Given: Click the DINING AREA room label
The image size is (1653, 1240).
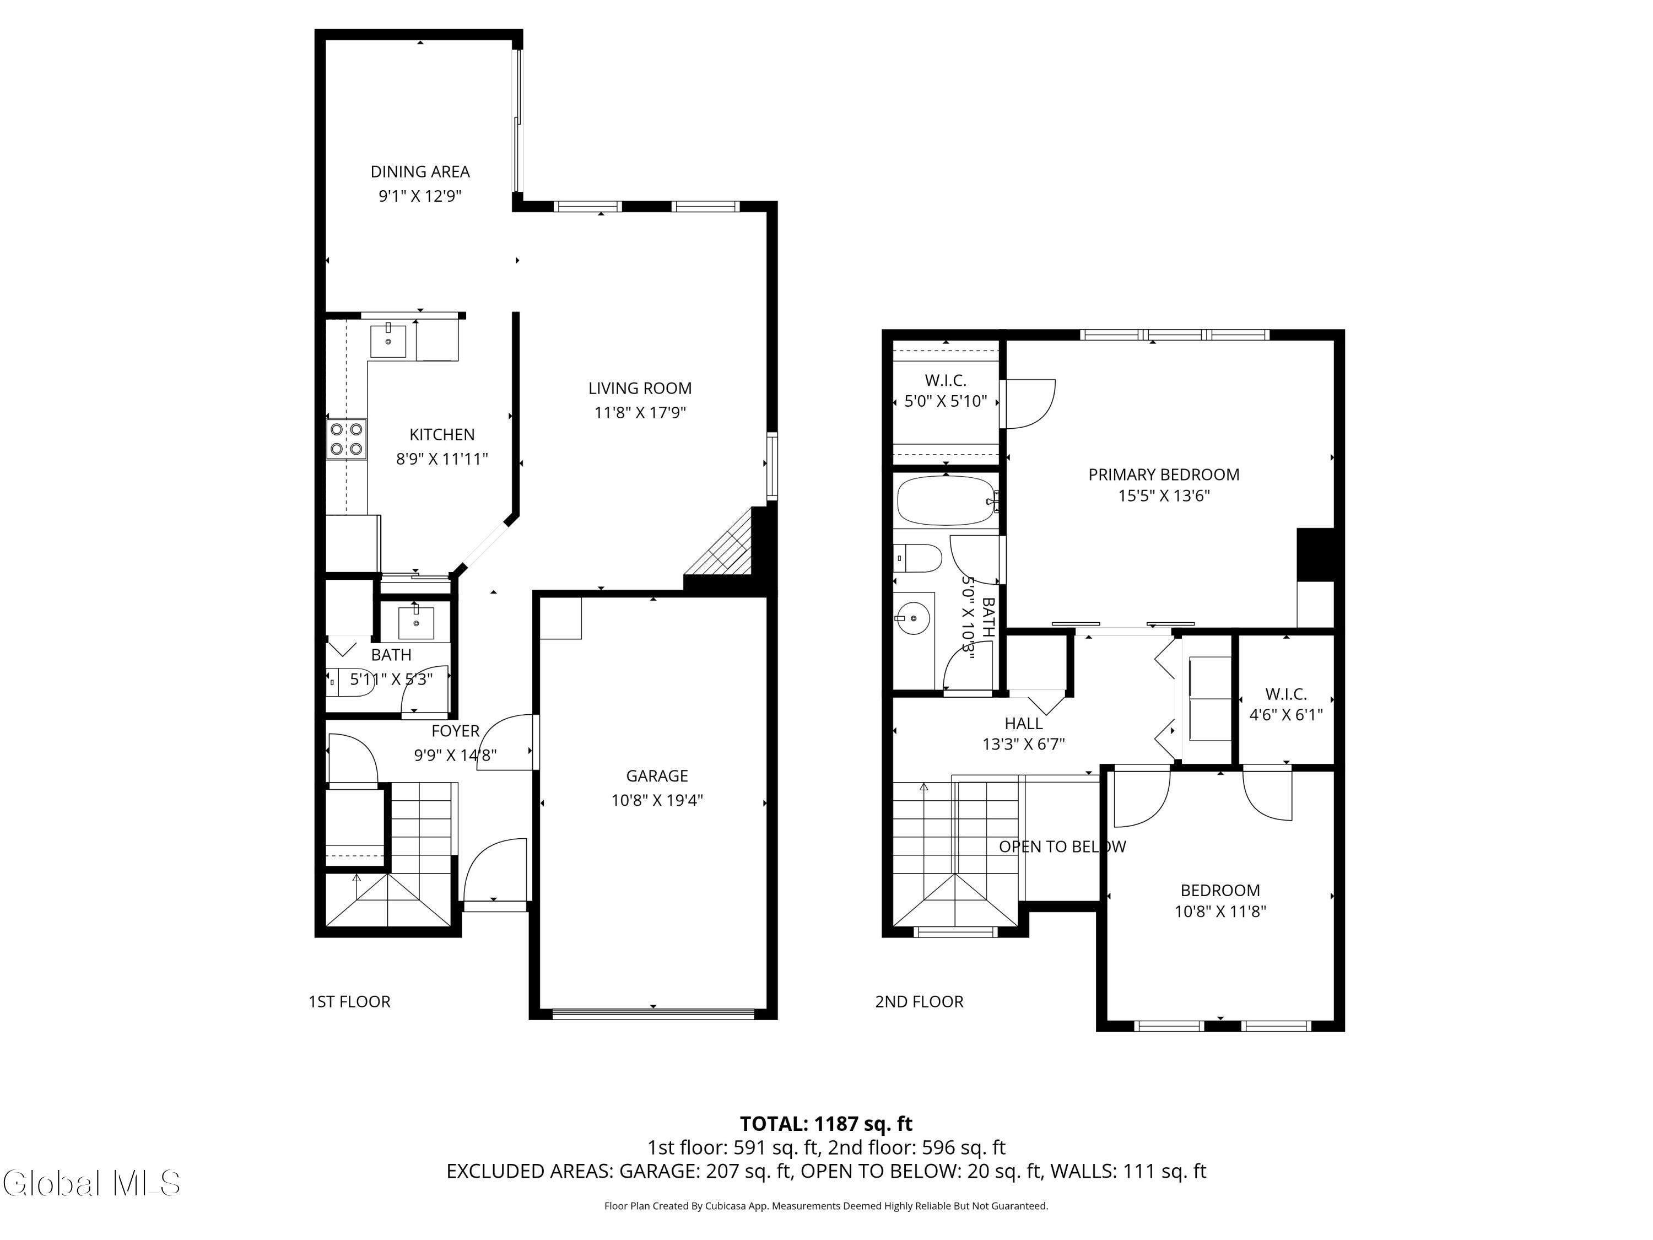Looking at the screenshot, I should click(420, 172).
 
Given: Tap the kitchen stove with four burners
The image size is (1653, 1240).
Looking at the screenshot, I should click(347, 439).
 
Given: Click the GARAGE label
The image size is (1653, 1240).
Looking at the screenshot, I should click(657, 776).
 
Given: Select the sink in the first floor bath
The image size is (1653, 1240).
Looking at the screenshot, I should click(415, 622).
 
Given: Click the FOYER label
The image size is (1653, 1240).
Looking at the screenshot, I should click(455, 731).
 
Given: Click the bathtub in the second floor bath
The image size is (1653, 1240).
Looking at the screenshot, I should click(944, 501).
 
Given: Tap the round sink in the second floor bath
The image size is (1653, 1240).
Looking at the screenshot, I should click(912, 619).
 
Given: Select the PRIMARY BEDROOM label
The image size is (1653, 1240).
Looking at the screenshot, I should click(1164, 475).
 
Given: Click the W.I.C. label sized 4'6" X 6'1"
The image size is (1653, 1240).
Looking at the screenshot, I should click(1286, 694).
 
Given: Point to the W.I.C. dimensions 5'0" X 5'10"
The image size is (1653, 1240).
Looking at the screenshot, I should click(946, 401).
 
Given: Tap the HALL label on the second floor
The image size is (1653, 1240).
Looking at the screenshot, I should click(1023, 724).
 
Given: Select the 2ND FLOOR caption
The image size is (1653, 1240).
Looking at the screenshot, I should click(919, 1001).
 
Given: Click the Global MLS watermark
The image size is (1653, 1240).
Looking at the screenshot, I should click(91, 1183).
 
